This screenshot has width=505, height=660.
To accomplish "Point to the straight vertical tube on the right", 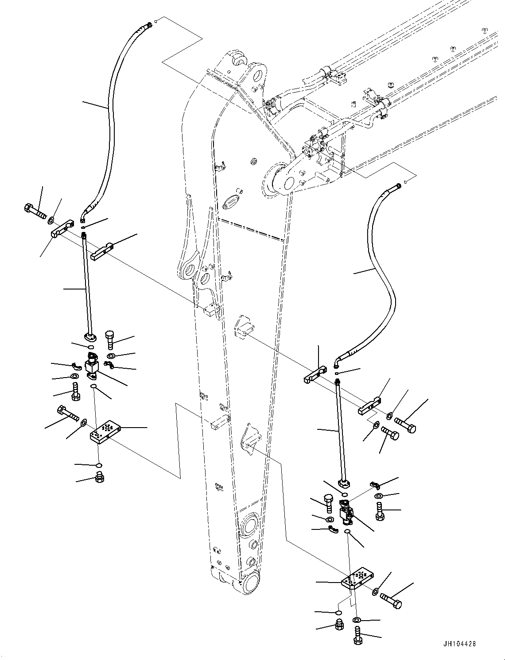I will point(341,429).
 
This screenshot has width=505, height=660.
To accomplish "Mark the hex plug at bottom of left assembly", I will point(99,478).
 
